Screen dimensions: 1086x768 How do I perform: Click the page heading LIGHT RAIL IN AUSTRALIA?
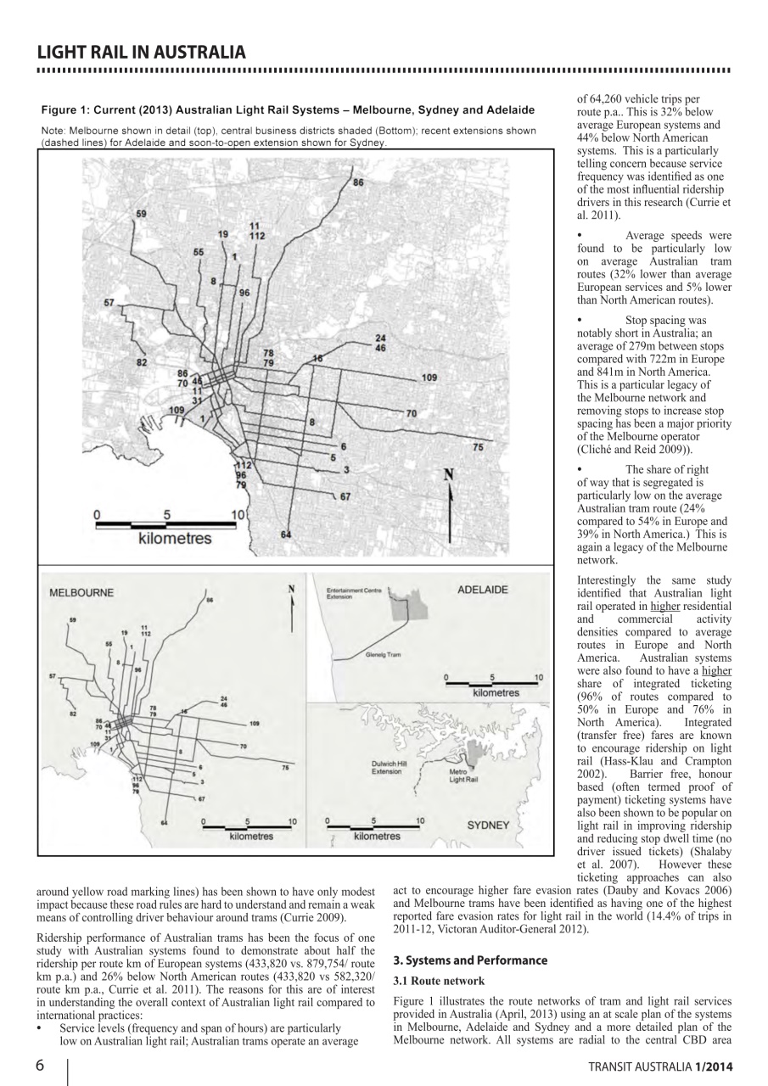[143, 52]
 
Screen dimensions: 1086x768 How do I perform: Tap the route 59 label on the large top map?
[140, 213]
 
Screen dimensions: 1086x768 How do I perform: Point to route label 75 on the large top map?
[478, 446]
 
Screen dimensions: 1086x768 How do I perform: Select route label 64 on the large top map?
[285, 535]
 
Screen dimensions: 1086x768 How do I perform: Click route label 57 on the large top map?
[109, 302]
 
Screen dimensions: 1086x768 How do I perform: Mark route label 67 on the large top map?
[345, 496]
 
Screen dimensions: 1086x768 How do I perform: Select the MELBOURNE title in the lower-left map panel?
[82, 592]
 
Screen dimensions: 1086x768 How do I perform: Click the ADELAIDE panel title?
[482, 589]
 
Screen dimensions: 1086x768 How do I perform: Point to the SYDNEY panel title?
[488, 824]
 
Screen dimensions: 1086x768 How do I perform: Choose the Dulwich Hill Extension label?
[390, 767]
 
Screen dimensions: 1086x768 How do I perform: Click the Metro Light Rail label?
[462, 775]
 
